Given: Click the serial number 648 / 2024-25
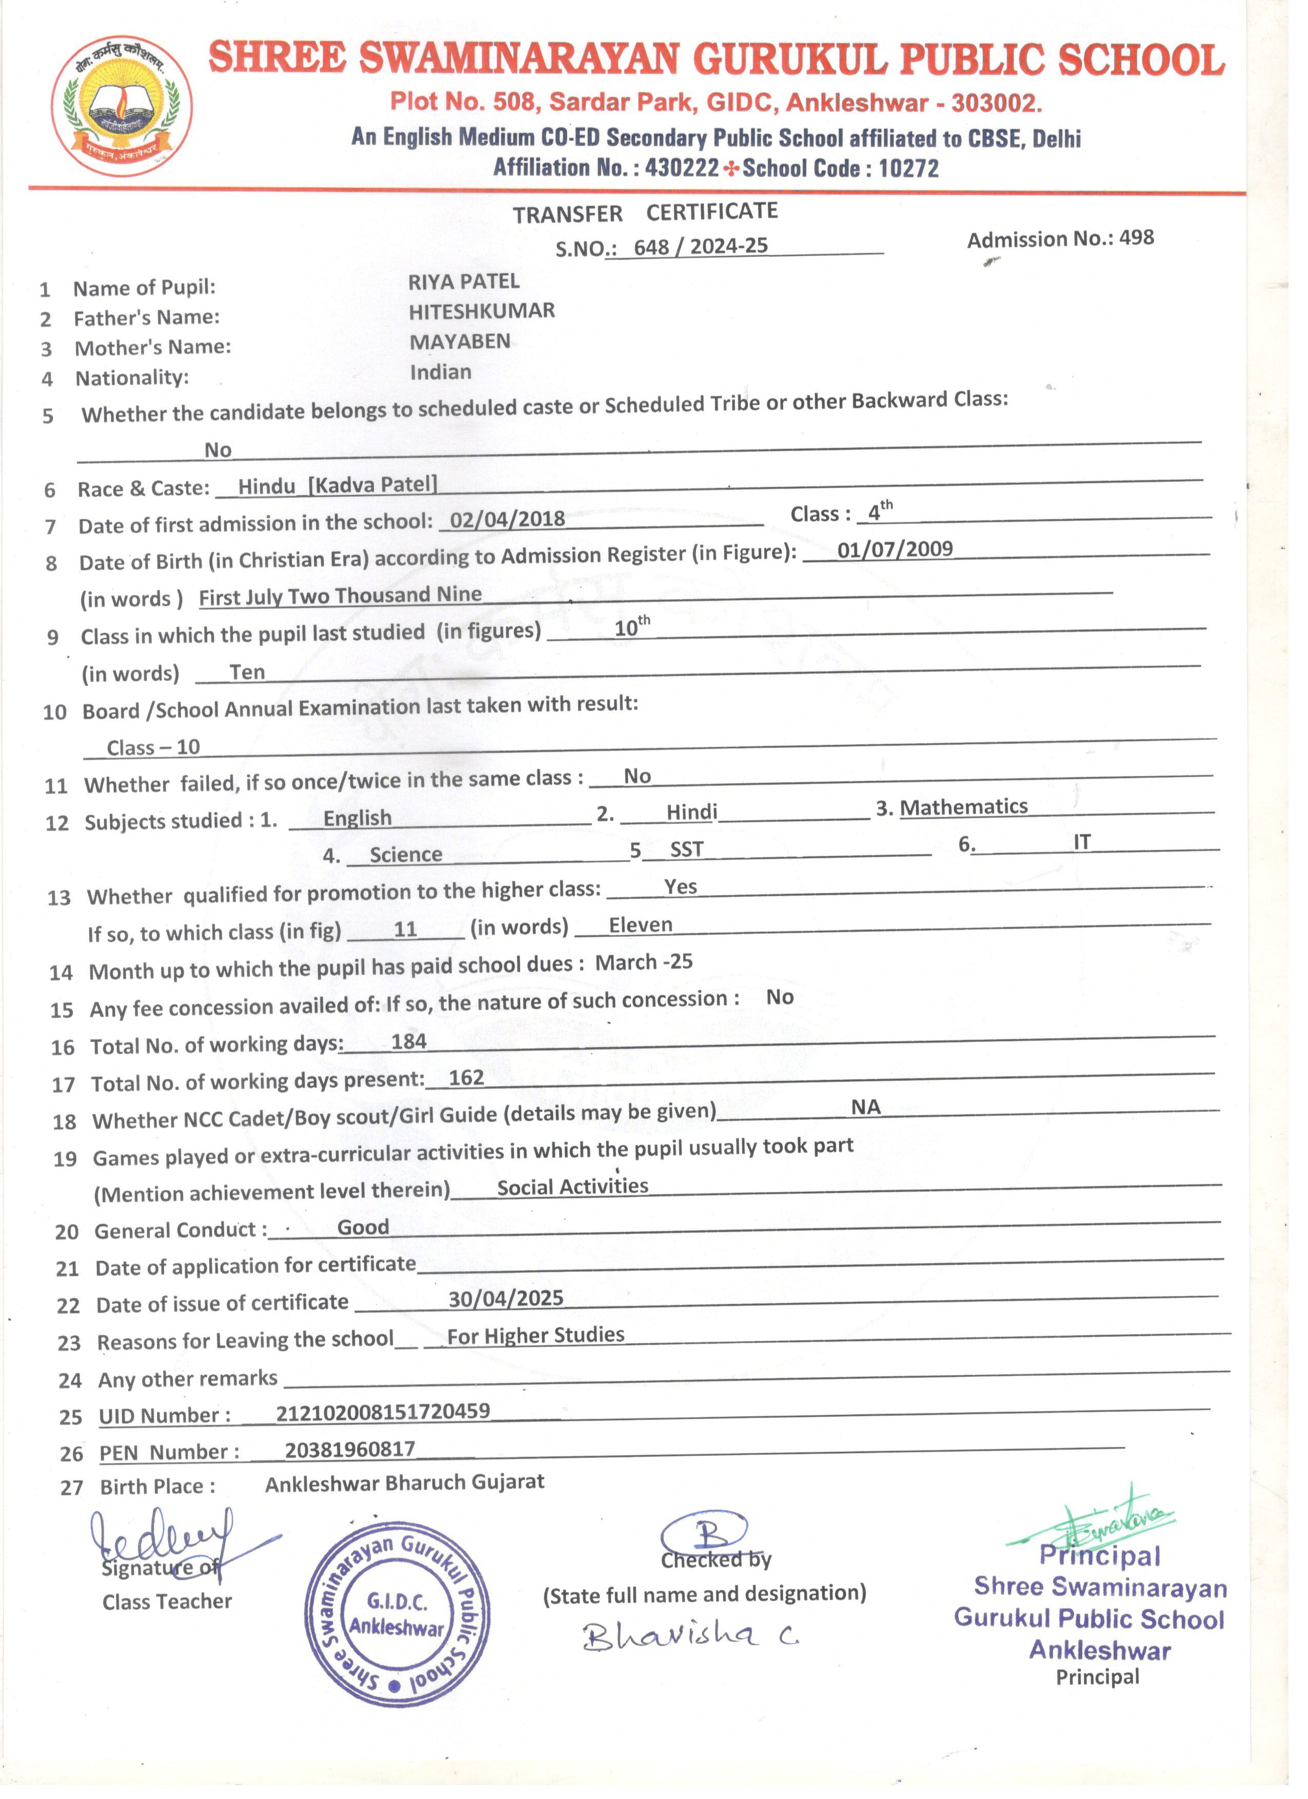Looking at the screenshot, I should pos(700,247).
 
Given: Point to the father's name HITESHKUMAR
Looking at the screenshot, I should pos(482,312).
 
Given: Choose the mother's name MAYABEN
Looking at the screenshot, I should pos(460,342).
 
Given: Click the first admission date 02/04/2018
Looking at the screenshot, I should pos(508,520).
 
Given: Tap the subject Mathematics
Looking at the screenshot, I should pos(964,807).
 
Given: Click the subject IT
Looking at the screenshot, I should pos(1082,842).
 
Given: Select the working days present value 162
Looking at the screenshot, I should pos(466,1078).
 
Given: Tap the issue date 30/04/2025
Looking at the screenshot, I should pos(506,1298).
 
